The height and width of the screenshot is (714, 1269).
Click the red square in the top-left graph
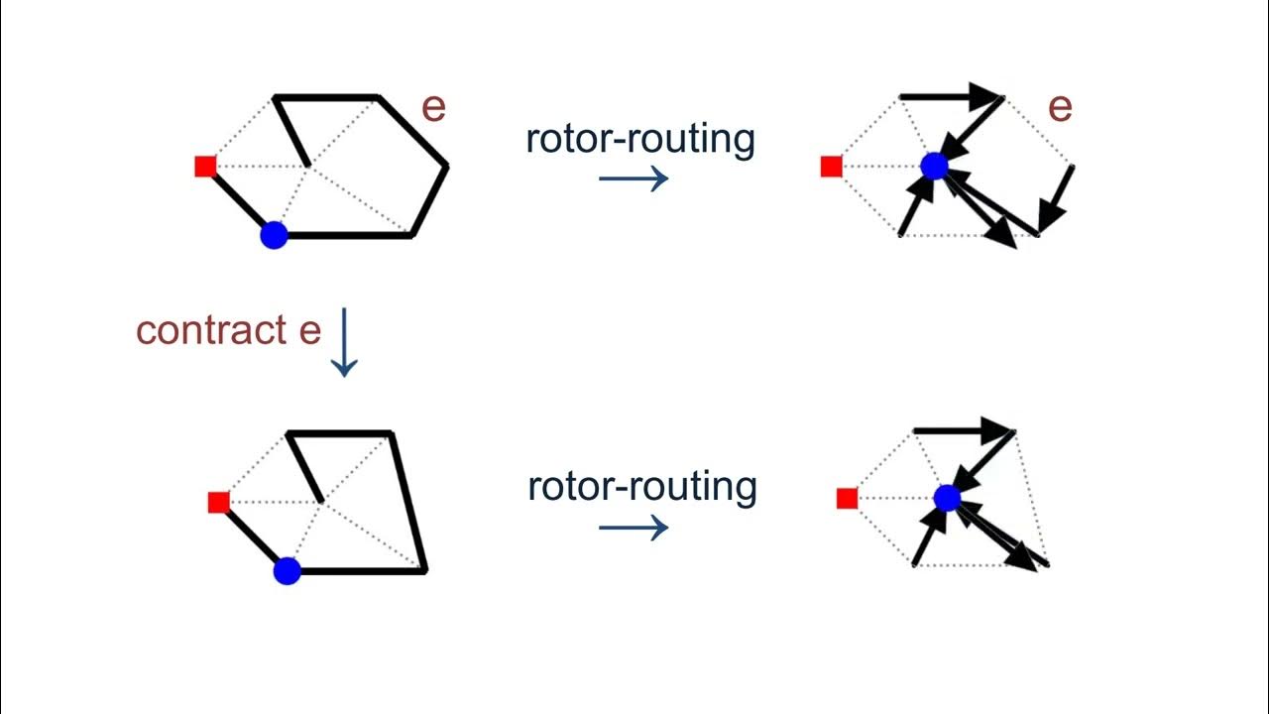(205, 166)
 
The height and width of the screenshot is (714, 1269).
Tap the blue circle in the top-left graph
(274, 235)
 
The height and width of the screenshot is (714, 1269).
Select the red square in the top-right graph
(831, 166)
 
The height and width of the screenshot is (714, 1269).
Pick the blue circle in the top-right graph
(934, 166)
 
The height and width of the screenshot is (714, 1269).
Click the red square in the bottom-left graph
(219, 502)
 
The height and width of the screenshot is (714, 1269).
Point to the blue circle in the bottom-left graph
(287, 571)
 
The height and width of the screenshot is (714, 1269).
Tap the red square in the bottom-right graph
(847, 498)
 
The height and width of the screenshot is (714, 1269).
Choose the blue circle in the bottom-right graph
(947, 497)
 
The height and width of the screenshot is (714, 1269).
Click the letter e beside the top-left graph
(433, 107)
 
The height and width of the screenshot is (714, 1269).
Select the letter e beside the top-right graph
(1060, 107)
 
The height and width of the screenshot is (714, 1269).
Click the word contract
(212, 330)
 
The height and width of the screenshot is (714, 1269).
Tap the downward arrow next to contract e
(343, 342)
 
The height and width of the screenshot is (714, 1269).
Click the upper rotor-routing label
(640, 139)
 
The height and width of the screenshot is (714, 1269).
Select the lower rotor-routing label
(641, 486)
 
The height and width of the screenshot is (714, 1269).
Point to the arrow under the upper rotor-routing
(634, 178)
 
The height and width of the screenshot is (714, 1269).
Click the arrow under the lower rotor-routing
(634, 527)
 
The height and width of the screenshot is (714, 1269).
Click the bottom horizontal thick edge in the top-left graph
(347, 236)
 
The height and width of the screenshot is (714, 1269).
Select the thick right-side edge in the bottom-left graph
(408, 502)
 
